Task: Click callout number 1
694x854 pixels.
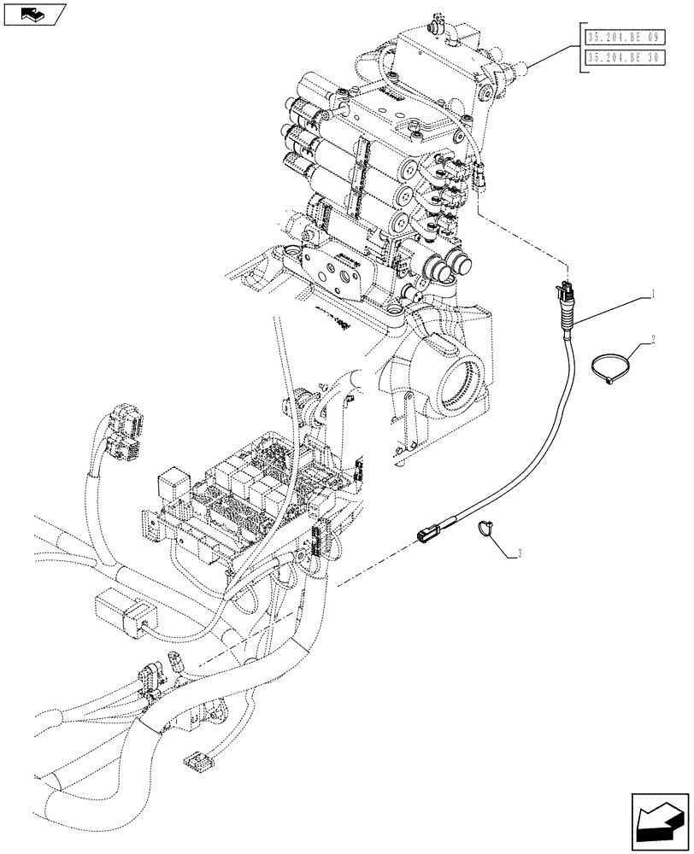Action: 653,293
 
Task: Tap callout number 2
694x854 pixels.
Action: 653,340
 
